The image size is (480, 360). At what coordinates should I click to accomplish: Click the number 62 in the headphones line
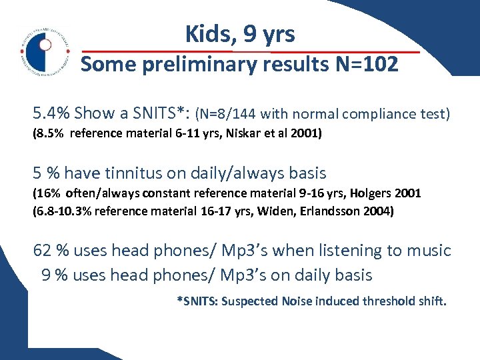[43, 251]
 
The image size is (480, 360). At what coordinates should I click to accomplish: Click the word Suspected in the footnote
[249, 301]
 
